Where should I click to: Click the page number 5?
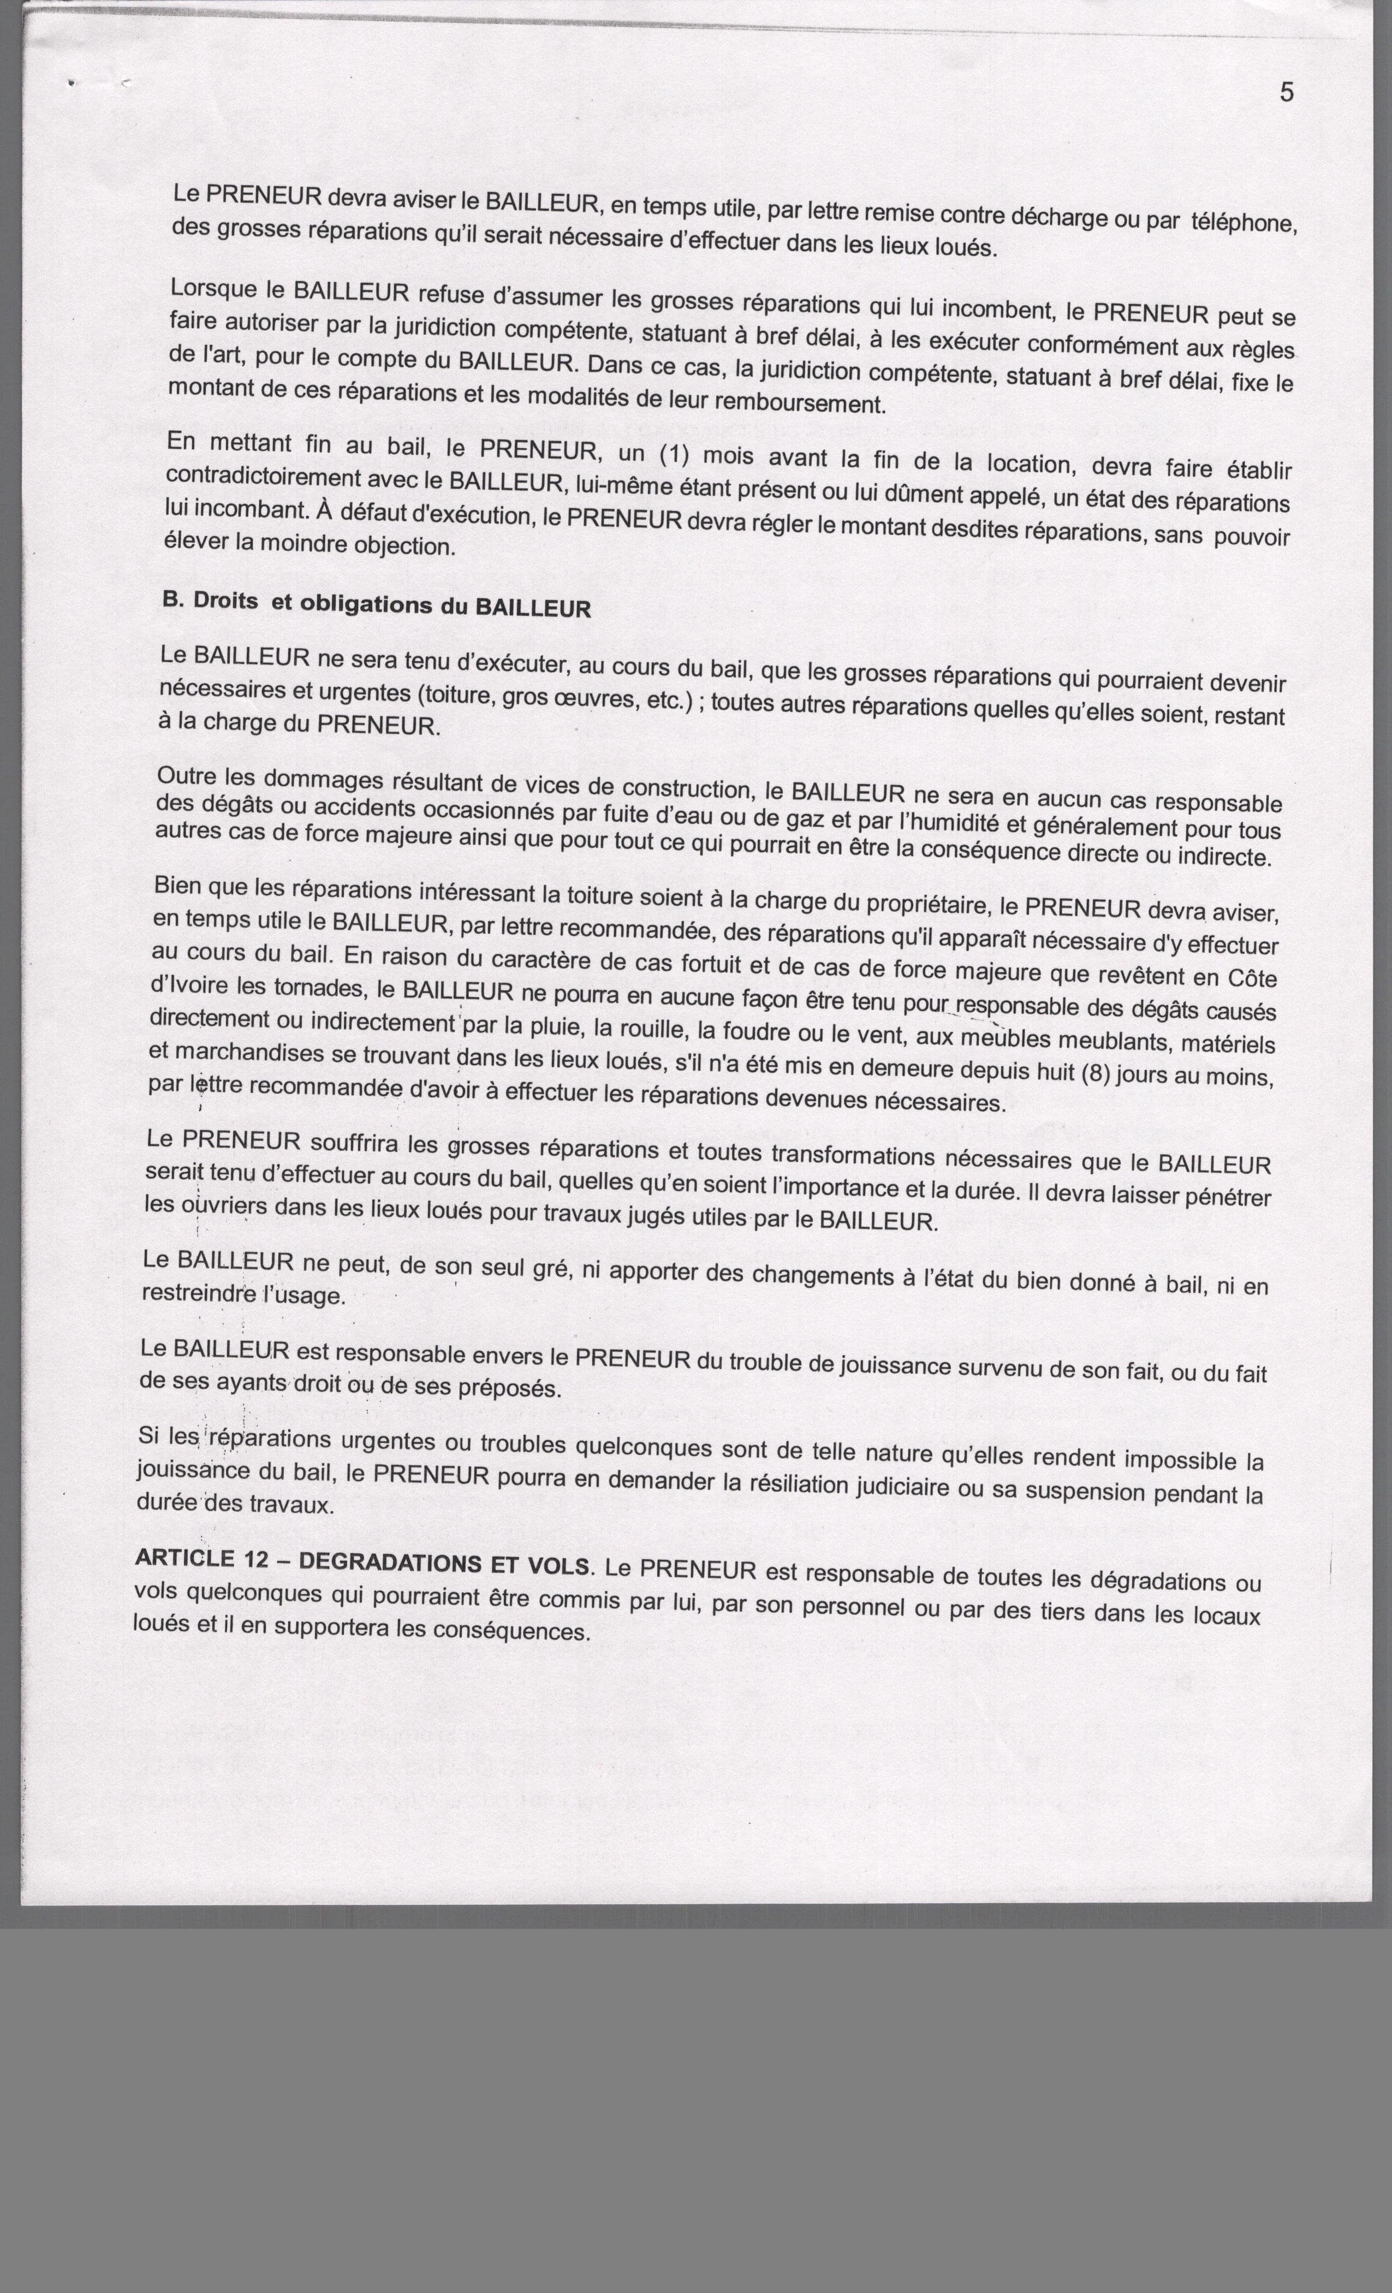click(x=1287, y=92)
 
